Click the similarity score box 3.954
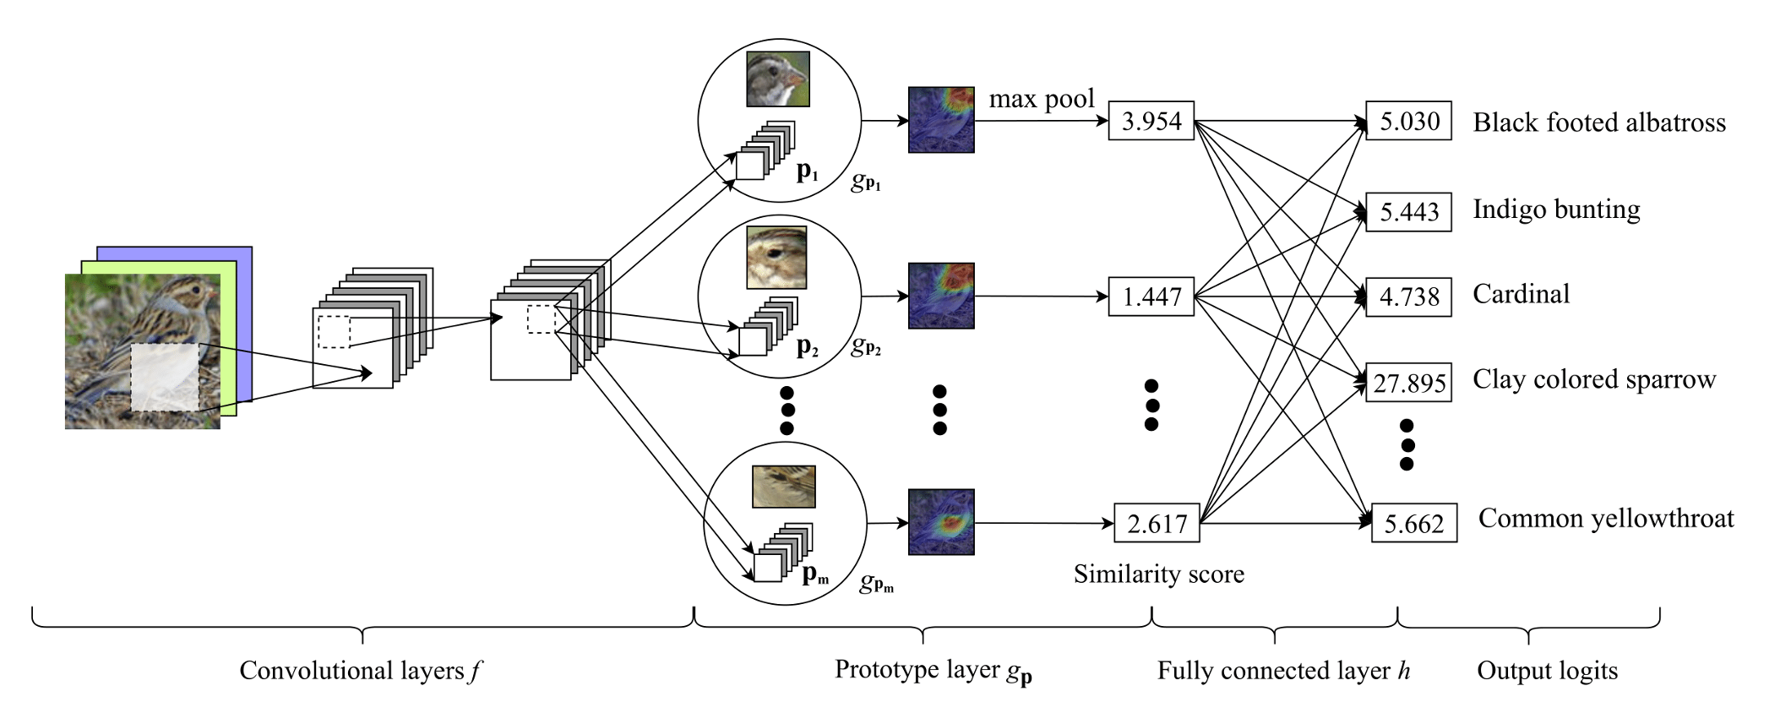[x=1151, y=121]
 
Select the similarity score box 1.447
[x=1151, y=297]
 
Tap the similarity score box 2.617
[x=1157, y=524]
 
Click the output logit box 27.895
[x=1408, y=383]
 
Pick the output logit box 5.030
[x=1408, y=121]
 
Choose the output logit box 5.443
[x=1408, y=211]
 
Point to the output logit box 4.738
[x=1408, y=297]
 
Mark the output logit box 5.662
[x=1413, y=524]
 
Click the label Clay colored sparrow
[x=1594, y=379]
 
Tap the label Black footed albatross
[x=1599, y=122]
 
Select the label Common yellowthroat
[x=1606, y=518]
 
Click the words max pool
[x=1042, y=99]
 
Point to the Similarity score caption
[x=1159, y=574]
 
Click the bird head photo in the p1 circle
[x=778, y=79]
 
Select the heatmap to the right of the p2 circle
[x=941, y=296]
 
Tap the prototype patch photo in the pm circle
[x=784, y=487]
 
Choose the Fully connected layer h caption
[x=1283, y=671]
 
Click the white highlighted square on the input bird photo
[x=165, y=378]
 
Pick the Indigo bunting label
[x=1556, y=209]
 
